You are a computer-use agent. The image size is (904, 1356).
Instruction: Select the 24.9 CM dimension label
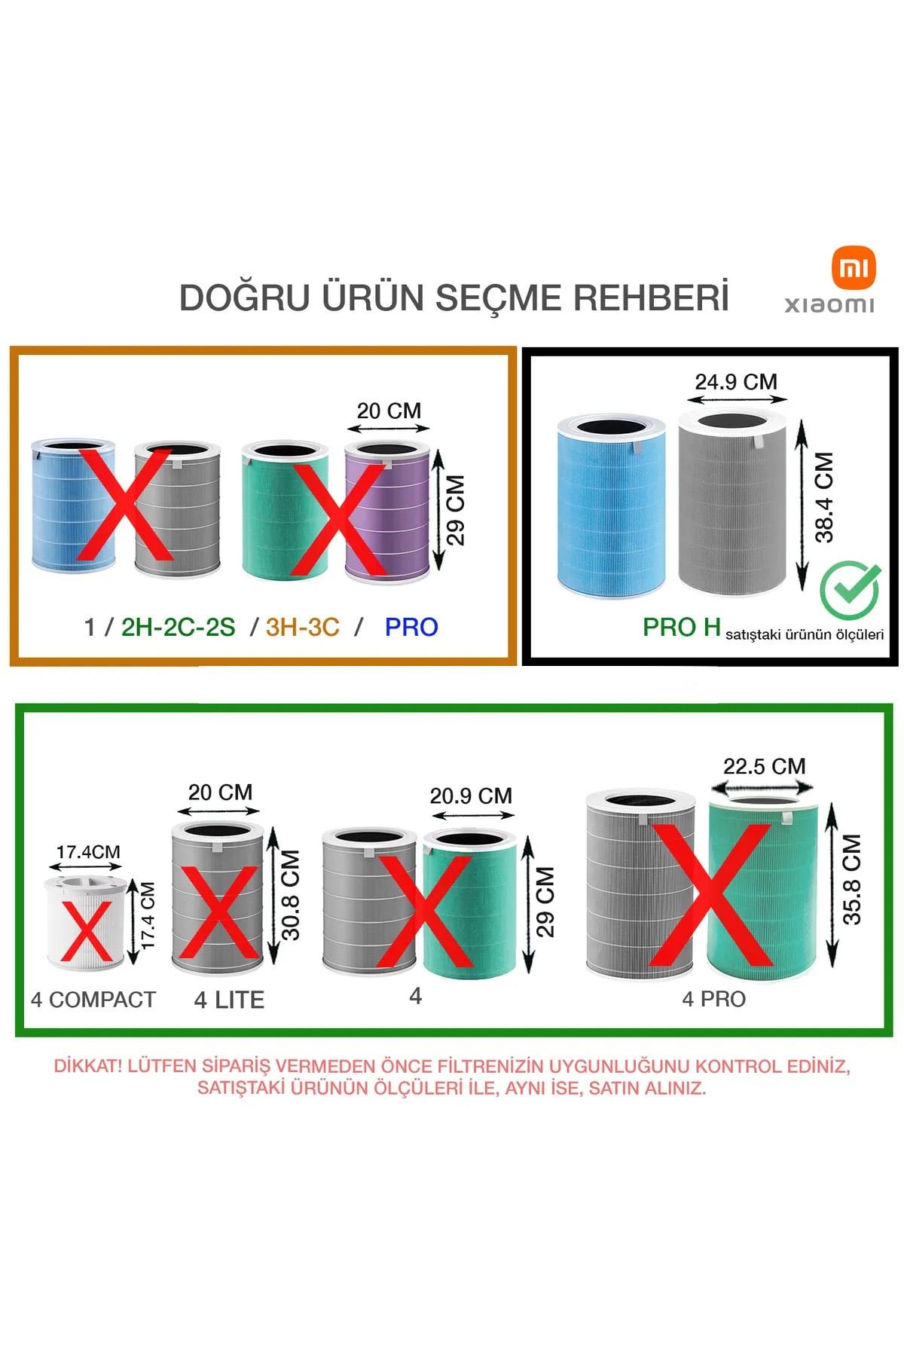tap(736, 382)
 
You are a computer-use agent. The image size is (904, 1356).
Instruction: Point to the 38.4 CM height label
tap(825, 497)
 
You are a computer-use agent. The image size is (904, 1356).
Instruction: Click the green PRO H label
tap(681, 627)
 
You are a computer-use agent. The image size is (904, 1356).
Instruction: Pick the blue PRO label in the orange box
tap(411, 627)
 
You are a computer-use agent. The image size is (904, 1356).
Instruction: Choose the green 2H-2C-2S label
tap(178, 627)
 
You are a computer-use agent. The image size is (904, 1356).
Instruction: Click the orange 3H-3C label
tap(302, 627)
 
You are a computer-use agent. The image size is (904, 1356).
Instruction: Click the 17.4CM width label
tap(88, 852)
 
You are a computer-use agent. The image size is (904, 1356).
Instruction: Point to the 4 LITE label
tap(229, 1000)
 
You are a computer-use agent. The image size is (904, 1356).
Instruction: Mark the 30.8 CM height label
tap(291, 896)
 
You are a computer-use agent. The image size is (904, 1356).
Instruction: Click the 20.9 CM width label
tap(471, 796)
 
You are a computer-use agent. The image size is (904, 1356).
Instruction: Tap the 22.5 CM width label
tap(764, 766)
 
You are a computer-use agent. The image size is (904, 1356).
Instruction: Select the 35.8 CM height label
tap(851, 880)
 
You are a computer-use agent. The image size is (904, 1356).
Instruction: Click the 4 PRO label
tap(713, 999)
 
